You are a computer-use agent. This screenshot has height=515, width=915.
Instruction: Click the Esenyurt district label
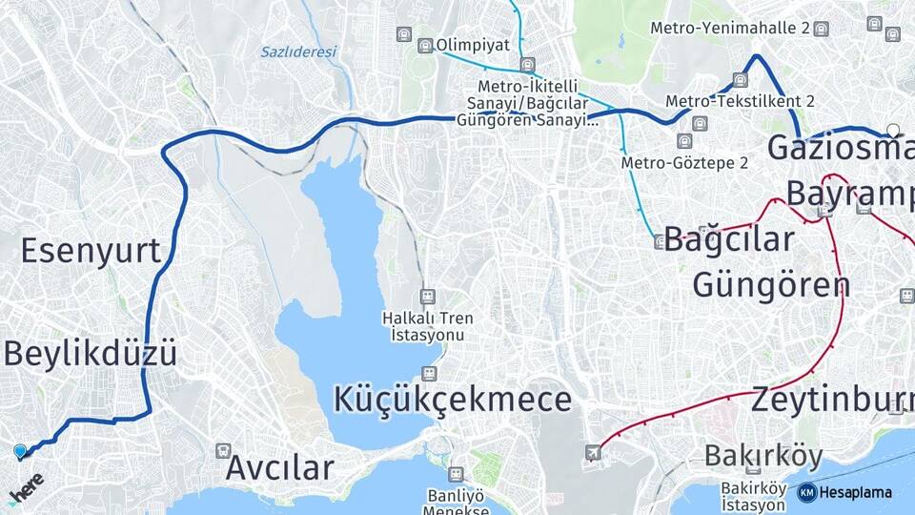click(91, 250)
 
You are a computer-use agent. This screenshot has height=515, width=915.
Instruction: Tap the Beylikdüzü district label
click(91, 354)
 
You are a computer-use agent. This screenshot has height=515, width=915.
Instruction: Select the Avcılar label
click(280, 468)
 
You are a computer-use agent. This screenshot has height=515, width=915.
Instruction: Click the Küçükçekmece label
click(453, 399)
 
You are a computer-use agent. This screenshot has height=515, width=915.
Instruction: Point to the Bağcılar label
click(729, 239)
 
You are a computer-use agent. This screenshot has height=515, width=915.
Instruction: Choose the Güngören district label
click(770, 284)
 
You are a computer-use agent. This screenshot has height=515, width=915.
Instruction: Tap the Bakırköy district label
click(762, 457)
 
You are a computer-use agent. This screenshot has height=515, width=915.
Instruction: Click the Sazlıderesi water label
click(298, 52)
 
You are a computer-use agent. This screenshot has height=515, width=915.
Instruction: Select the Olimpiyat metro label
click(473, 45)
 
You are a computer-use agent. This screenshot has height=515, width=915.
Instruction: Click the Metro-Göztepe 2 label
click(684, 163)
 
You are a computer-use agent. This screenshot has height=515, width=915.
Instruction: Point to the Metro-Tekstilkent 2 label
click(740, 101)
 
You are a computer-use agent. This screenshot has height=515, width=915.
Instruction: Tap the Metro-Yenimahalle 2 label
click(730, 29)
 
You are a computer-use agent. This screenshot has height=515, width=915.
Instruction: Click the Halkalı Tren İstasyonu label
click(428, 326)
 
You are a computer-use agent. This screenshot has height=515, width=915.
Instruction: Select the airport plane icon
click(594, 452)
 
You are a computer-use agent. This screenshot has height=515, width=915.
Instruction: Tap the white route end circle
click(893, 130)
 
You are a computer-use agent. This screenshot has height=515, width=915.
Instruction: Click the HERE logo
click(26, 487)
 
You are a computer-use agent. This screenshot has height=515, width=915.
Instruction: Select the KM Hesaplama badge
click(844, 492)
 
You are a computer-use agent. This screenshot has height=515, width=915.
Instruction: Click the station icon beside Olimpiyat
click(425, 46)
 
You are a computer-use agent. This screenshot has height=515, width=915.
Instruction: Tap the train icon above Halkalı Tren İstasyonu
click(428, 297)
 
